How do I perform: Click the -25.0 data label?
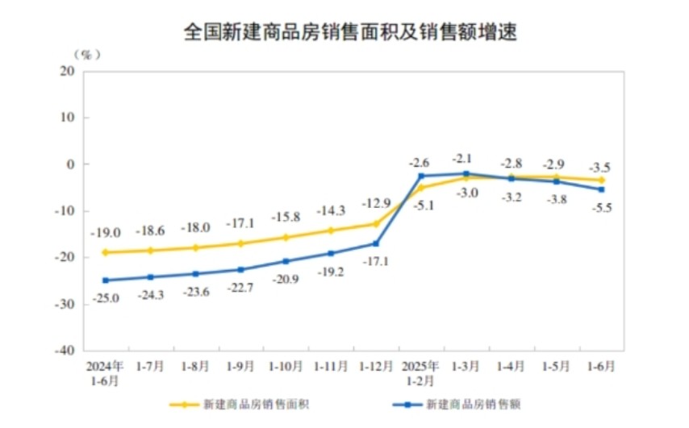[106, 297]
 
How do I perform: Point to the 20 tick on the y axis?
[67, 70]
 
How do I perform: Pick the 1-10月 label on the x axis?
[286, 365]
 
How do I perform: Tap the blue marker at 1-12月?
[376, 243]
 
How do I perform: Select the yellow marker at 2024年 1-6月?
[106, 252]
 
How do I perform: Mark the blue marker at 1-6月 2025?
[602, 189]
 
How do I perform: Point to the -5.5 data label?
[602, 207]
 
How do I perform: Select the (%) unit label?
[86, 54]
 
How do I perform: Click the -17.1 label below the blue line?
[376, 262]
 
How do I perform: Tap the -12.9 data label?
[376, 203]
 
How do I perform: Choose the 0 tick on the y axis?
[71, 164]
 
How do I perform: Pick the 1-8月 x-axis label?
[196, 365]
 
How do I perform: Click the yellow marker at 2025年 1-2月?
[421, 187]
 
